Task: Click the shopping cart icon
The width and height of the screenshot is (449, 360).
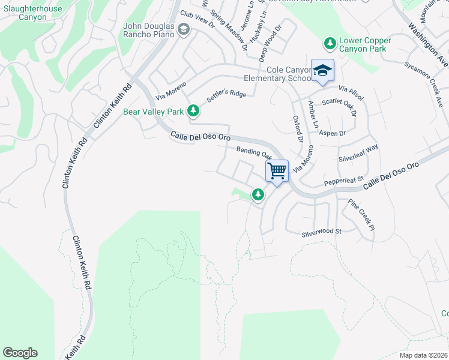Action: click(277, 171)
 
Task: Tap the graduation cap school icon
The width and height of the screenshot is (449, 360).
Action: click(322, 70)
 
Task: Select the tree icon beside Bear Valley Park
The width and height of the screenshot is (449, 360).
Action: click(193, 111)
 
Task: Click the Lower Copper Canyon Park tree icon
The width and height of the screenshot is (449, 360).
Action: click(330, 43)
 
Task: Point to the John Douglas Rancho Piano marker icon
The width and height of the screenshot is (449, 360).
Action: click(184, 29)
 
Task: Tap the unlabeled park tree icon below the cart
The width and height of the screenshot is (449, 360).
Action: click(258, 194)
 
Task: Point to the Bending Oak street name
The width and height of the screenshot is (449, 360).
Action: click(254, 153)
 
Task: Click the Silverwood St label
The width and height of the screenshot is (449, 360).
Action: click(321, 231)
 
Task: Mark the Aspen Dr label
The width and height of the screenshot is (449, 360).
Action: click(333, 133)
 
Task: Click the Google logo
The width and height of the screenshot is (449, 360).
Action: click(20, 353)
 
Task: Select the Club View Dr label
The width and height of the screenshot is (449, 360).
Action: click(197, 22)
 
